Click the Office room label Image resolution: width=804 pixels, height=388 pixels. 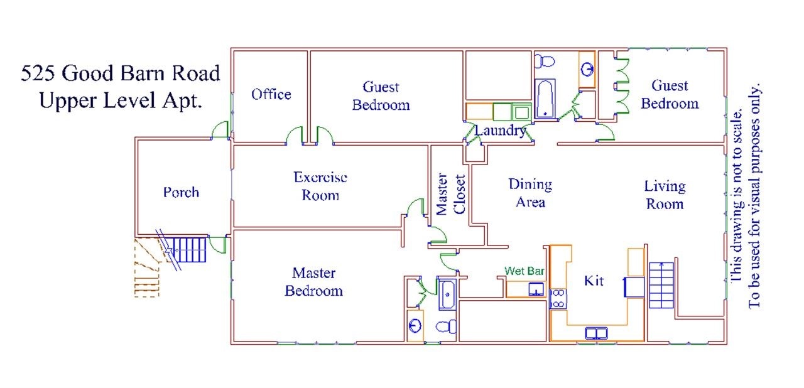pyautogui.click(x=271, y=94)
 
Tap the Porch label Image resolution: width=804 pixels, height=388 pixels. pyautogui.click(x=181, y=192)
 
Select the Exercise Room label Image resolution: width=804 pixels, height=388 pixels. pyautogui.click(x=320, y=186)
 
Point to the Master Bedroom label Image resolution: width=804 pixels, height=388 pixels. pyautogui.click(x=313, y=282)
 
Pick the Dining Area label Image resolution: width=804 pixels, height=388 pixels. pyautogui.click(x=530, y=193)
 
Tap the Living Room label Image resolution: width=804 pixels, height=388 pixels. pyautogui.click(x=665, y=195)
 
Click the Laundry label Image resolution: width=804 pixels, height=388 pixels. pyautogui.click(x=500, y=131)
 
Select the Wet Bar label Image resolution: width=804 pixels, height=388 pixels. pyautogui.click(x=524, y=271)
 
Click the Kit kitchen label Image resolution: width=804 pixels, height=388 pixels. pyautogui.click(x=594, y=281)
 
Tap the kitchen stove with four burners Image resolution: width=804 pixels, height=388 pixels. pyautogui.click(x=557, y=298)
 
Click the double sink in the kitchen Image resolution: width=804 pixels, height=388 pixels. pyautogui.click(x=596, y=333)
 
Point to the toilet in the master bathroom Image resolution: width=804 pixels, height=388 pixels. pyautogui.click(x=447, y=326)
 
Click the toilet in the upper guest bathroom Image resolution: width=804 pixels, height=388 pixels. pyautogui.click(x=544, y=61)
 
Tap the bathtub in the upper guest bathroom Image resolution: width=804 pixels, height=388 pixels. pyautogui.click(x=545, y=99)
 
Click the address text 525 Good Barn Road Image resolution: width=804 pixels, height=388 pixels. pyautogui.click(x=121, y=73)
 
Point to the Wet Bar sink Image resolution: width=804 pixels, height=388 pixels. pyautogui.click(x=536, y=289)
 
